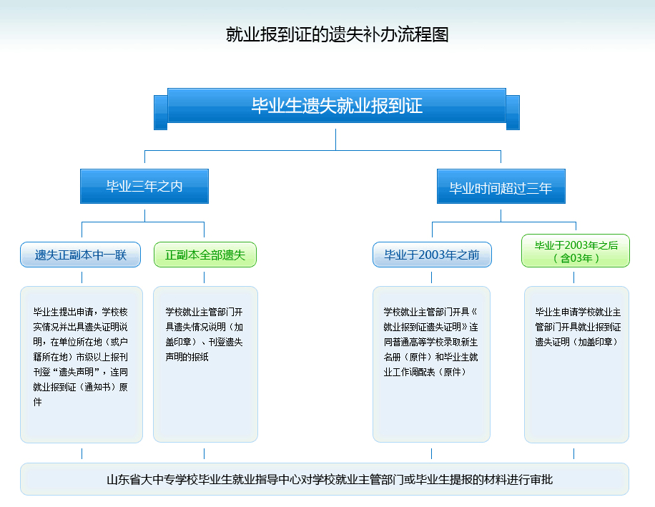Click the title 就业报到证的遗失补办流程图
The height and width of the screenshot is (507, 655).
pyautogui.click(x=337, y=34)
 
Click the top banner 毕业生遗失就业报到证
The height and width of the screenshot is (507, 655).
pyautogui.click(x=337, y=105)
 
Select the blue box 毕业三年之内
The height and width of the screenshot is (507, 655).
pyautogui.click(x=144, y=186)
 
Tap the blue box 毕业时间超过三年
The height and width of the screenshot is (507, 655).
pyautogui.click(x=501, y=186)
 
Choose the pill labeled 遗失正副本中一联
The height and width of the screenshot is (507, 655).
pyautogui.click(x=80, y=255)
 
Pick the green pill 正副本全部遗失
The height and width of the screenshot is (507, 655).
pyautogui.click(x=205, y=255)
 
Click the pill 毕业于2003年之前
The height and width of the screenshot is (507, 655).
pyautogui.click(x=432, y=255)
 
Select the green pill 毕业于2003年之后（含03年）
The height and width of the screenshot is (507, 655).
pyautogui.click(x=576, y=250)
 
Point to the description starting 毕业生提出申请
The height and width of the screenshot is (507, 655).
pyautogui.click(x=81, y=357)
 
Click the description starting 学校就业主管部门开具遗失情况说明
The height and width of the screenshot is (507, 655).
pyautogui.click(x=205, y=334)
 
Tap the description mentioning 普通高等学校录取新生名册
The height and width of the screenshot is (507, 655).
pyautogui.click(x=430, y=342)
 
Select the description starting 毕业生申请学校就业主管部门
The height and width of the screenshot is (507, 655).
pyautogui.click(x=578, y=327)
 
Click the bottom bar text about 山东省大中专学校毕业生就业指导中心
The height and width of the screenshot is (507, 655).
pyautogui.click(x=330, y=479)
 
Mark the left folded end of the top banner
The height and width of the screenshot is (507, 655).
pyautogui.click(x=161, y=112)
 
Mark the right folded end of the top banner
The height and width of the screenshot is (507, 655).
pyautogui.click(x=513, y=112)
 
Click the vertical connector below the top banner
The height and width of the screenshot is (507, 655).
pyautogui.click(x=335, y=139)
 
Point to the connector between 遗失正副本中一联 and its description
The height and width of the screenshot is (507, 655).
pyautogui.click(x=82, y=277)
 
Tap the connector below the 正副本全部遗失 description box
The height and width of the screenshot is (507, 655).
pyautogui.click(x=204, y=453)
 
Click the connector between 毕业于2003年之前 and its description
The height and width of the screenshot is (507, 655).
pyautogui.click(x=431, y=277)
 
